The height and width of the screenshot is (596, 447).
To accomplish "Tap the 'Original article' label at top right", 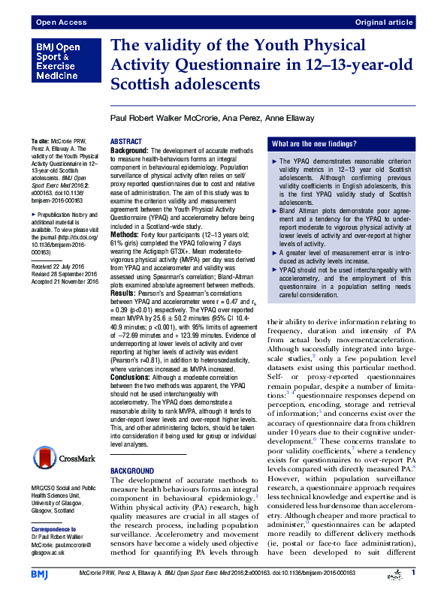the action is point(385,23).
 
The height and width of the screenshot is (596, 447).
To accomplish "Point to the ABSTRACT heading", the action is point(126,142).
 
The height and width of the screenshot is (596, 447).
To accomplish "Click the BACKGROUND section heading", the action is point(136,470).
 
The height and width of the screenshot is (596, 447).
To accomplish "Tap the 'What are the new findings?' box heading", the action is point(315,143).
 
